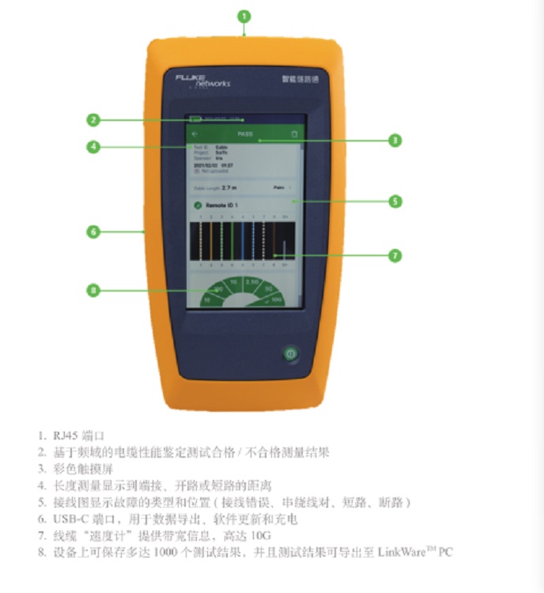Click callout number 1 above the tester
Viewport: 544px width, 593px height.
(244, 15)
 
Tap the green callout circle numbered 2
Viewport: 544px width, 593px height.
(93, 120)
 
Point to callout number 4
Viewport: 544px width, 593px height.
(93, 146)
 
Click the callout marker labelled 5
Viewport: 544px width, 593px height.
(396, 201)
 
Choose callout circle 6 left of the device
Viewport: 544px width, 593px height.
(93, 232)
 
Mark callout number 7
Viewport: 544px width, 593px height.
(396, 255)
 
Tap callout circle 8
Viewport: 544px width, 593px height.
(93, 290)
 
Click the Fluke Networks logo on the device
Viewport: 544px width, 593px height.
(202, 80)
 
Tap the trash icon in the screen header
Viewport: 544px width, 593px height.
(295, 134)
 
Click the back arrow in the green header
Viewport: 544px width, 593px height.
(195, 134)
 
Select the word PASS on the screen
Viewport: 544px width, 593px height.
(245, 134)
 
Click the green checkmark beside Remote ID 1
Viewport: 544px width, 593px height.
(197, 206)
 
